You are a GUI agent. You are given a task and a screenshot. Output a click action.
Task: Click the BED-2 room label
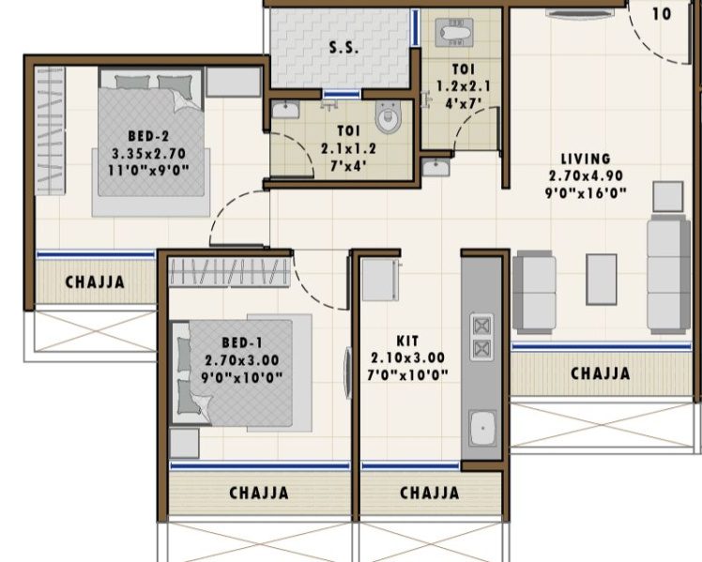[x=149, y=134]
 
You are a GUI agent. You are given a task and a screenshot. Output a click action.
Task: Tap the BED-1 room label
[x=242, y=342]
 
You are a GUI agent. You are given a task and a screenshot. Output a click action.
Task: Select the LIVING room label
[x=586, y=159]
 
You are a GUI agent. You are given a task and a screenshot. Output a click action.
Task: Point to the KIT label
[x=407, y=342]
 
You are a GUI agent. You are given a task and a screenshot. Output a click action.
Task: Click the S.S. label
[x=343, y=49]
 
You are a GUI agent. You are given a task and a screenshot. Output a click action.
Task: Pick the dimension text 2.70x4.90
[x=587, y=175]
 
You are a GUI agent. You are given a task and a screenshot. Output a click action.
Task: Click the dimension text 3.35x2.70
[x=149, y=152]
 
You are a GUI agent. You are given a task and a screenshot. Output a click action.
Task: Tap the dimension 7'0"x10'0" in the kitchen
[x=408, y=375]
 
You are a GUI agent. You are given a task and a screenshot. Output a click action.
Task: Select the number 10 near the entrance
[x=662, y=14]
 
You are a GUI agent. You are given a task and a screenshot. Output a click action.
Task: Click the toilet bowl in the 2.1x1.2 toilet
[x=388, y=118]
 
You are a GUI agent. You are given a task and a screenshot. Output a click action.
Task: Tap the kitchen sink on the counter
[x=483, y=431]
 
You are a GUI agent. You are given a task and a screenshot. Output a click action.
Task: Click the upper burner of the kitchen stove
[x=481, y=326]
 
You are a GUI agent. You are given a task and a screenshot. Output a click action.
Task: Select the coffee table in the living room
[x=601, y=279]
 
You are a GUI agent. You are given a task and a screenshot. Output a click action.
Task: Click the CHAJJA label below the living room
[x=601, y=373]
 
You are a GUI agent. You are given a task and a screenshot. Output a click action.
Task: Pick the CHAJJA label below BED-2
[x=94, y=281]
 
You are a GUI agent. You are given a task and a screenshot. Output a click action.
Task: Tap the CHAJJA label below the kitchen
[x=430, y=493]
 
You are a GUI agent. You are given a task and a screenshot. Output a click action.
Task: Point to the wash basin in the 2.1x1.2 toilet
[x=284, y=112]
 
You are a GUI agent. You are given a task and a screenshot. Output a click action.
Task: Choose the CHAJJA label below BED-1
[x=259, y=493]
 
